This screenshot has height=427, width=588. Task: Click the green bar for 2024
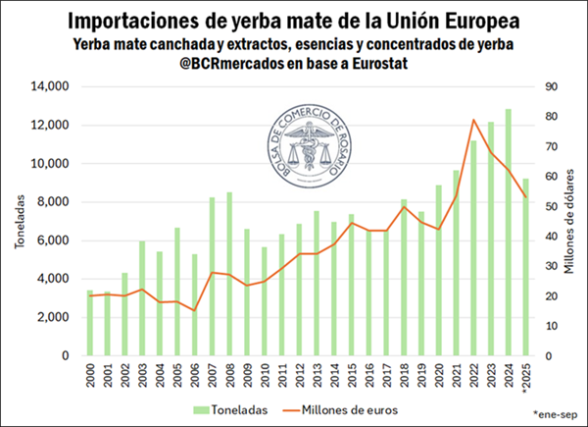[x=508, y=233]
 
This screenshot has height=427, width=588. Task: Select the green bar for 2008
[x=229, y=274]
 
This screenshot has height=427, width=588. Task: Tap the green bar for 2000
[x=90, y=323]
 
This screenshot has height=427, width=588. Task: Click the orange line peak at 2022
[x=473, y=120]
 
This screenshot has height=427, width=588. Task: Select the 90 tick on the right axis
[x=551, y=87]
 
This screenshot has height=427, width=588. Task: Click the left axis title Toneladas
[x=19, y=222]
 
